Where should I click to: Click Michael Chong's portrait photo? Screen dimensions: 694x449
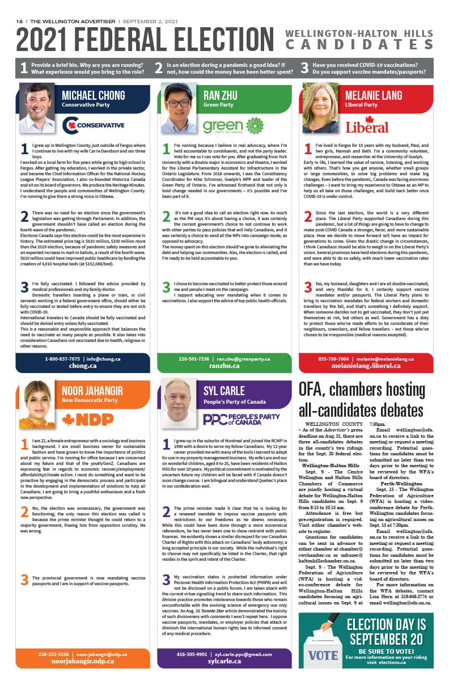(37, 108)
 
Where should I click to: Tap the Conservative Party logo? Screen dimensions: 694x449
(93, 125)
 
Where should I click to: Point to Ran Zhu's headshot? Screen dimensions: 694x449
(179, 108)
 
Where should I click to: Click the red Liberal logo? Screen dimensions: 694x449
(367, 125)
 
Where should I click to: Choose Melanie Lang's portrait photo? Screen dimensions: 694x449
(320, 108)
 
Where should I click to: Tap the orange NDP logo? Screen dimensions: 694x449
(87, 419)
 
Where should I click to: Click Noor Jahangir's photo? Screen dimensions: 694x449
(37, 403)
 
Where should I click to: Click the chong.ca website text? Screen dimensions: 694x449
(83, 366)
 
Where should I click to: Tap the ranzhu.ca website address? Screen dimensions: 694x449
(224, 366)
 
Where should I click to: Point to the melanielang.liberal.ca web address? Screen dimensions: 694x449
(366, 366)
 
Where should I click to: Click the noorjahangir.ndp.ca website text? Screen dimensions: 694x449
(83, 661)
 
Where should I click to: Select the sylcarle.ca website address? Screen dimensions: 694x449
(224, 661)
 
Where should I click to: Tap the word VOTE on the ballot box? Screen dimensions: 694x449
(323, 656)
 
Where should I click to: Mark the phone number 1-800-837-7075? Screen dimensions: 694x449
(63, 358)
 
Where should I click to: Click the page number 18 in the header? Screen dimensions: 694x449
(19, 21)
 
